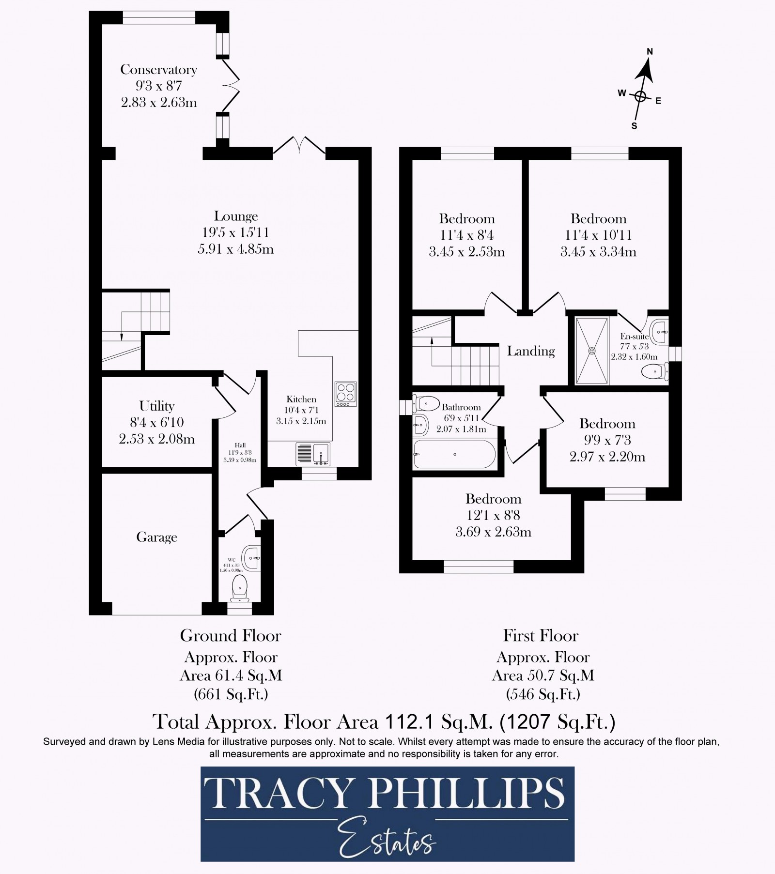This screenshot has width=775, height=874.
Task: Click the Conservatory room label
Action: pos(158,70)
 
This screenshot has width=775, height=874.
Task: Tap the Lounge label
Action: pos(236,216)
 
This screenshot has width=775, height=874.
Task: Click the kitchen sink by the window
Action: pos(313,454)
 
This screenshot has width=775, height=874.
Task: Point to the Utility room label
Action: pos(156,406)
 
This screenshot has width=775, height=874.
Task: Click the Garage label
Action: pos(156,537)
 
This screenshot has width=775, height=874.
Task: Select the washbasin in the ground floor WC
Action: pos(252,558)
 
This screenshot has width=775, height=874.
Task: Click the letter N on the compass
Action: pos(650,52)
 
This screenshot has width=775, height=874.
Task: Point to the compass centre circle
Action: pos(640,96)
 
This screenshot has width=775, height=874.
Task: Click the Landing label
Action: pos(531,351)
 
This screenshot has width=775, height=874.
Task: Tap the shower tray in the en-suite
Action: pos(591,351)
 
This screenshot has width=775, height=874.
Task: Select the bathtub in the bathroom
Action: pos(454,454)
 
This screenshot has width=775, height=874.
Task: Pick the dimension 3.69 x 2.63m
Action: pos(493,532)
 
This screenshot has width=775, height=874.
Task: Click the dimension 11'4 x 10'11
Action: pos(598,235)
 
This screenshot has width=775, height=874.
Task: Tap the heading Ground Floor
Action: pos(231,636)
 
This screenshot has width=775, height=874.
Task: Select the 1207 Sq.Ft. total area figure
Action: pos(557,722)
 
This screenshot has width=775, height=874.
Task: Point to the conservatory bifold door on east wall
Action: pos(231,85)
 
